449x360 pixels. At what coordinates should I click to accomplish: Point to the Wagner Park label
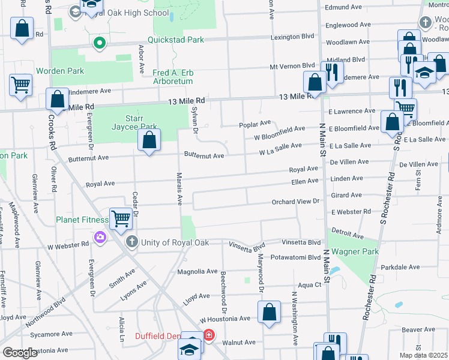click(x=354, y=252)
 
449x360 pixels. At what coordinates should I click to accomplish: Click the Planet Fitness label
click(x=81, y=220)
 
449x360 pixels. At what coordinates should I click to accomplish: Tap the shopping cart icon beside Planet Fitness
click(x=121, y=219)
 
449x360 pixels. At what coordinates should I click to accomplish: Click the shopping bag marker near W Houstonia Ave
click(x=269, y=312)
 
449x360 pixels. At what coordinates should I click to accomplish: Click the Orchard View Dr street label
click(x=295, y=202)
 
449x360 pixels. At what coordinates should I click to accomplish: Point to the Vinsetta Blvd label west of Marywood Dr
click(x=247, y=245)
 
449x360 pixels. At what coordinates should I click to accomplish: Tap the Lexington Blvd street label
click(x=292, y=37)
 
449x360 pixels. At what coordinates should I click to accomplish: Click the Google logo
click(x=20, y=353)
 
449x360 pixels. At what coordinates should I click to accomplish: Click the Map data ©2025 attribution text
click(x=423, y=355)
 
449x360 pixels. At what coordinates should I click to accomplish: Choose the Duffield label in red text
click(x=157, y=337)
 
